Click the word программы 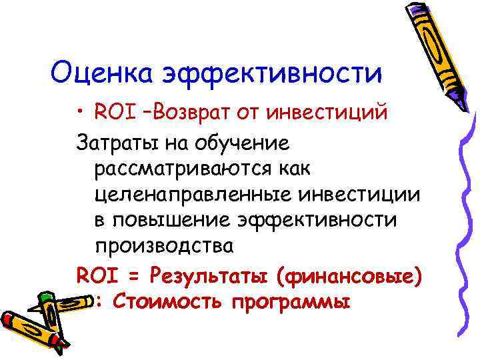click(x=291, y=302)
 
